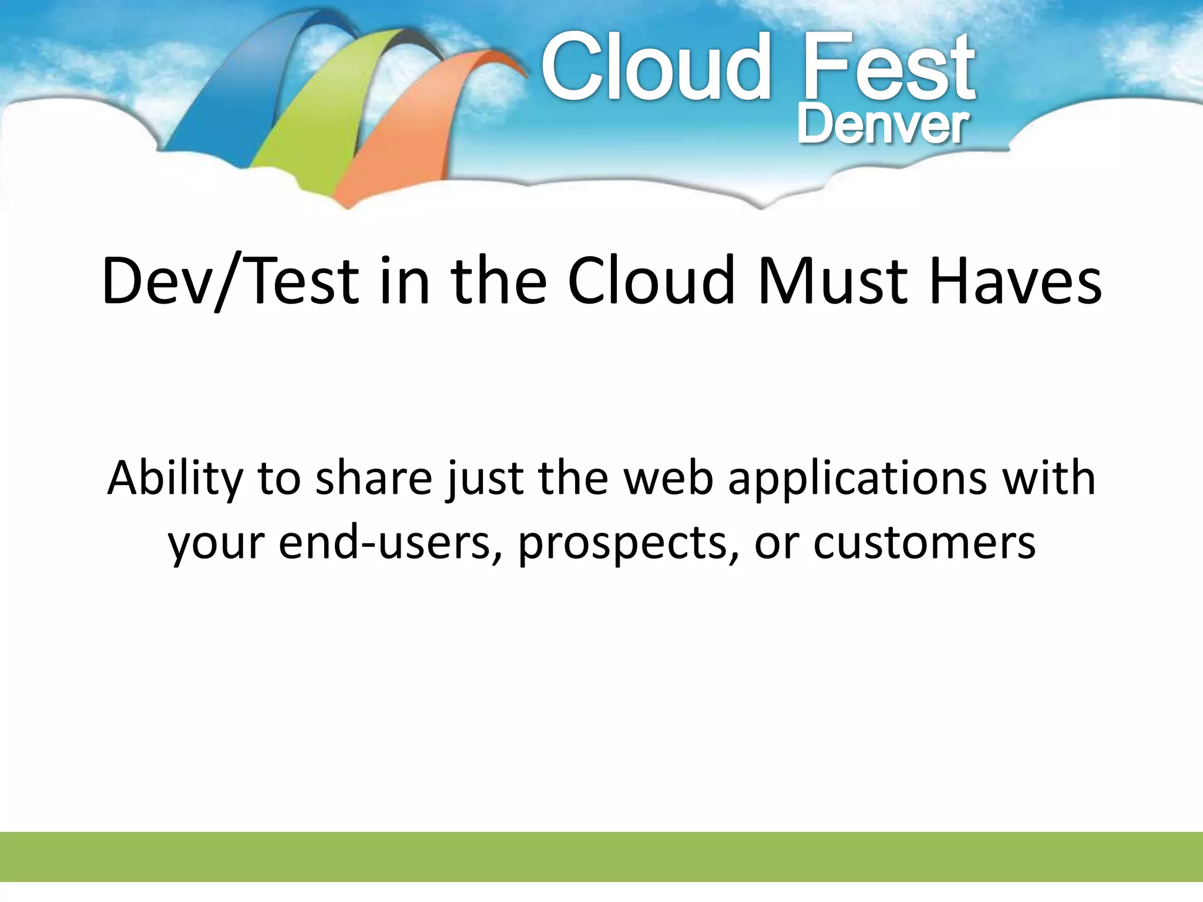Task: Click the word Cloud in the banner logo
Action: pyautogui.click(x=655, y=68)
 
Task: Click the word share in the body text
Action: pyautogui.click(x=374, y=479)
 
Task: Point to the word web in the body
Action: pyautogui.click(x=668, y=479)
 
